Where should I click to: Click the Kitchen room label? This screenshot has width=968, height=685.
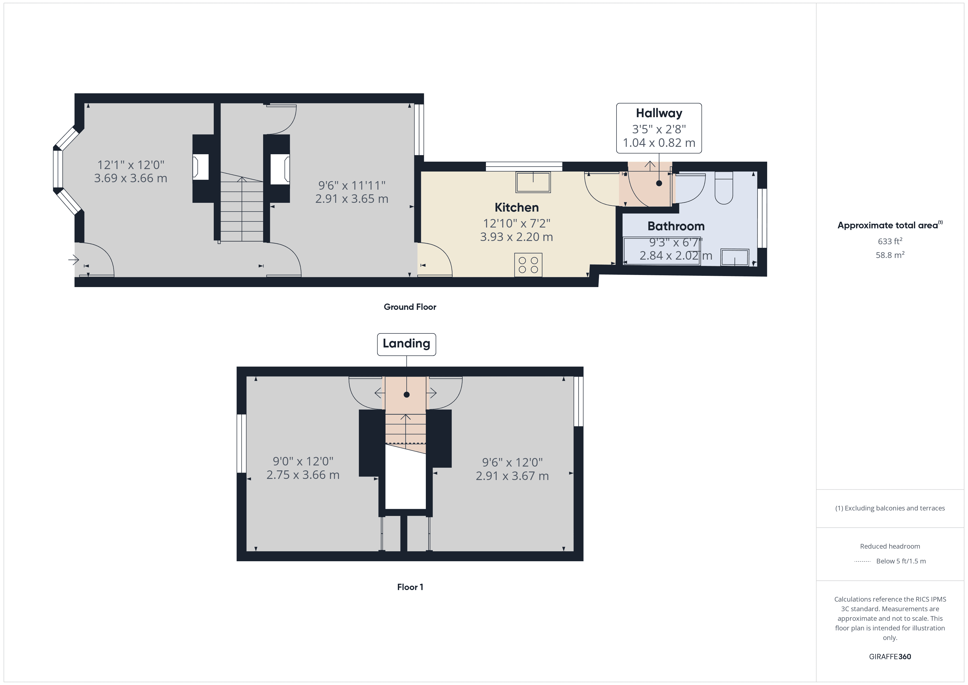click(x=516, y=207)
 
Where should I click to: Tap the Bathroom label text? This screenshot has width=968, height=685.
click(x=676, y=226)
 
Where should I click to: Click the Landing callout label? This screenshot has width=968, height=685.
click(x=406, y=344)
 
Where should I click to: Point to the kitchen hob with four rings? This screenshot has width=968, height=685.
click(x=528, y=265)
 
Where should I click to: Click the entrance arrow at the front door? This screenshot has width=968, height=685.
click(x=73, y=260)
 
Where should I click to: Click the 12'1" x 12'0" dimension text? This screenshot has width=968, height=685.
click(x=131, y=165)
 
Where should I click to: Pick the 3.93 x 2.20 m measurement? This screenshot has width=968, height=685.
click(x=516, y=237)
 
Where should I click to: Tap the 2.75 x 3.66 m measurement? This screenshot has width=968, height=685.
click(x=303, y=475)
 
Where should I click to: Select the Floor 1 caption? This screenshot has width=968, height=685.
click(x=410, y=587)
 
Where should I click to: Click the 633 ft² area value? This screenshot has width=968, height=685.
click(x=890, y=241)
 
